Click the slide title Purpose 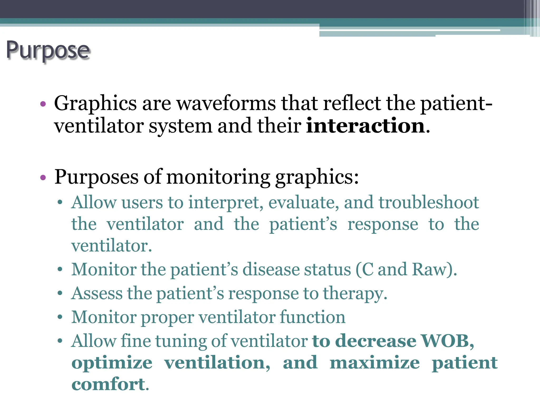tap(48, 51)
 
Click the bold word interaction tap(365, 126)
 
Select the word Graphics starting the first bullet tap(95, 103)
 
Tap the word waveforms tap(226, 103)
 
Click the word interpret tap(226, 203)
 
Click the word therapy tap(355, 294)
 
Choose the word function tap(312, 317)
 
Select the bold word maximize tap(374, 363)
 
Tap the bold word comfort tap(108, 384)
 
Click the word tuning tap(181, 341)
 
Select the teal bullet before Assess tap(60, 293)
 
